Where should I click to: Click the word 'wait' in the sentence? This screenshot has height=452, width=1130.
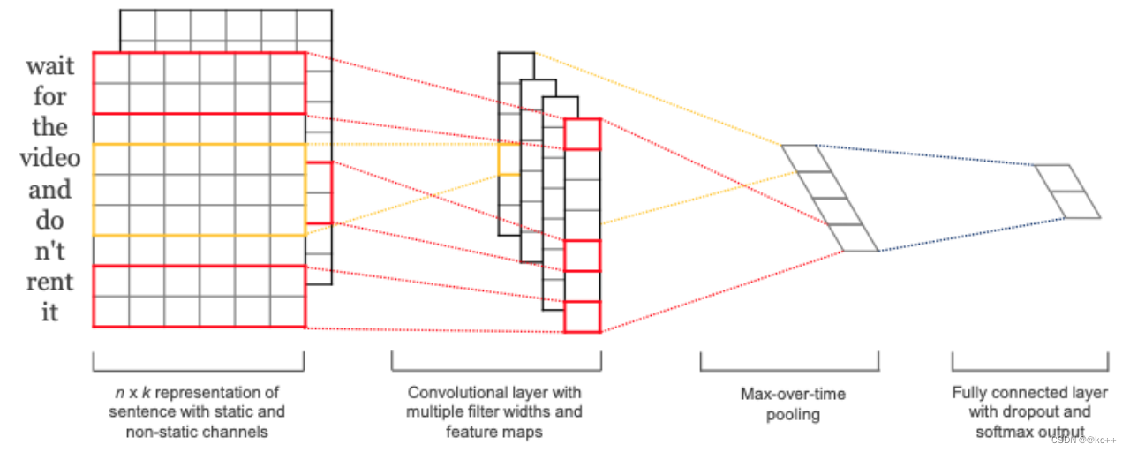50,66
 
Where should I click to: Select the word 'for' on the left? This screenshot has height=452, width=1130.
50,96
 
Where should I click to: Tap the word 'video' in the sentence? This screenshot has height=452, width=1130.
50,158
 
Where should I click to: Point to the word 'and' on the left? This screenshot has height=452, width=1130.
50,190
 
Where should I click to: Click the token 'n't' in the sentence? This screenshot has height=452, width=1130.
50,251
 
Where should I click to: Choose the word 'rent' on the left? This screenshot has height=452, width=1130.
50,282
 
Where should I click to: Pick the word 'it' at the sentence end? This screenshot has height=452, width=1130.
50,313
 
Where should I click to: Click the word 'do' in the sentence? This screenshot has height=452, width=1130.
50,221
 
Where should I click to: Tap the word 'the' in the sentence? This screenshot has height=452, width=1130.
50,126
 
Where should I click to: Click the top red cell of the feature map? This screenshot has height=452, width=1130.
582,134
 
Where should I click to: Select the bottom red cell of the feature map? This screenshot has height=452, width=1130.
582,317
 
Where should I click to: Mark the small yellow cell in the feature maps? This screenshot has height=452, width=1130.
509,160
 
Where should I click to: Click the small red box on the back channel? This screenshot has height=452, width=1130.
320,192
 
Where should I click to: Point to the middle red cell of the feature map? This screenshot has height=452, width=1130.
582,256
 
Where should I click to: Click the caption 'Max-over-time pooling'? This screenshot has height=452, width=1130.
793,404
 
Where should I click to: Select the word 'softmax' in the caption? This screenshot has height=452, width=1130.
1005,433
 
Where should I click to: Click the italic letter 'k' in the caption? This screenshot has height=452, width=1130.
146,393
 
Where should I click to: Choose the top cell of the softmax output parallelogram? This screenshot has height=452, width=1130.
1059,178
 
